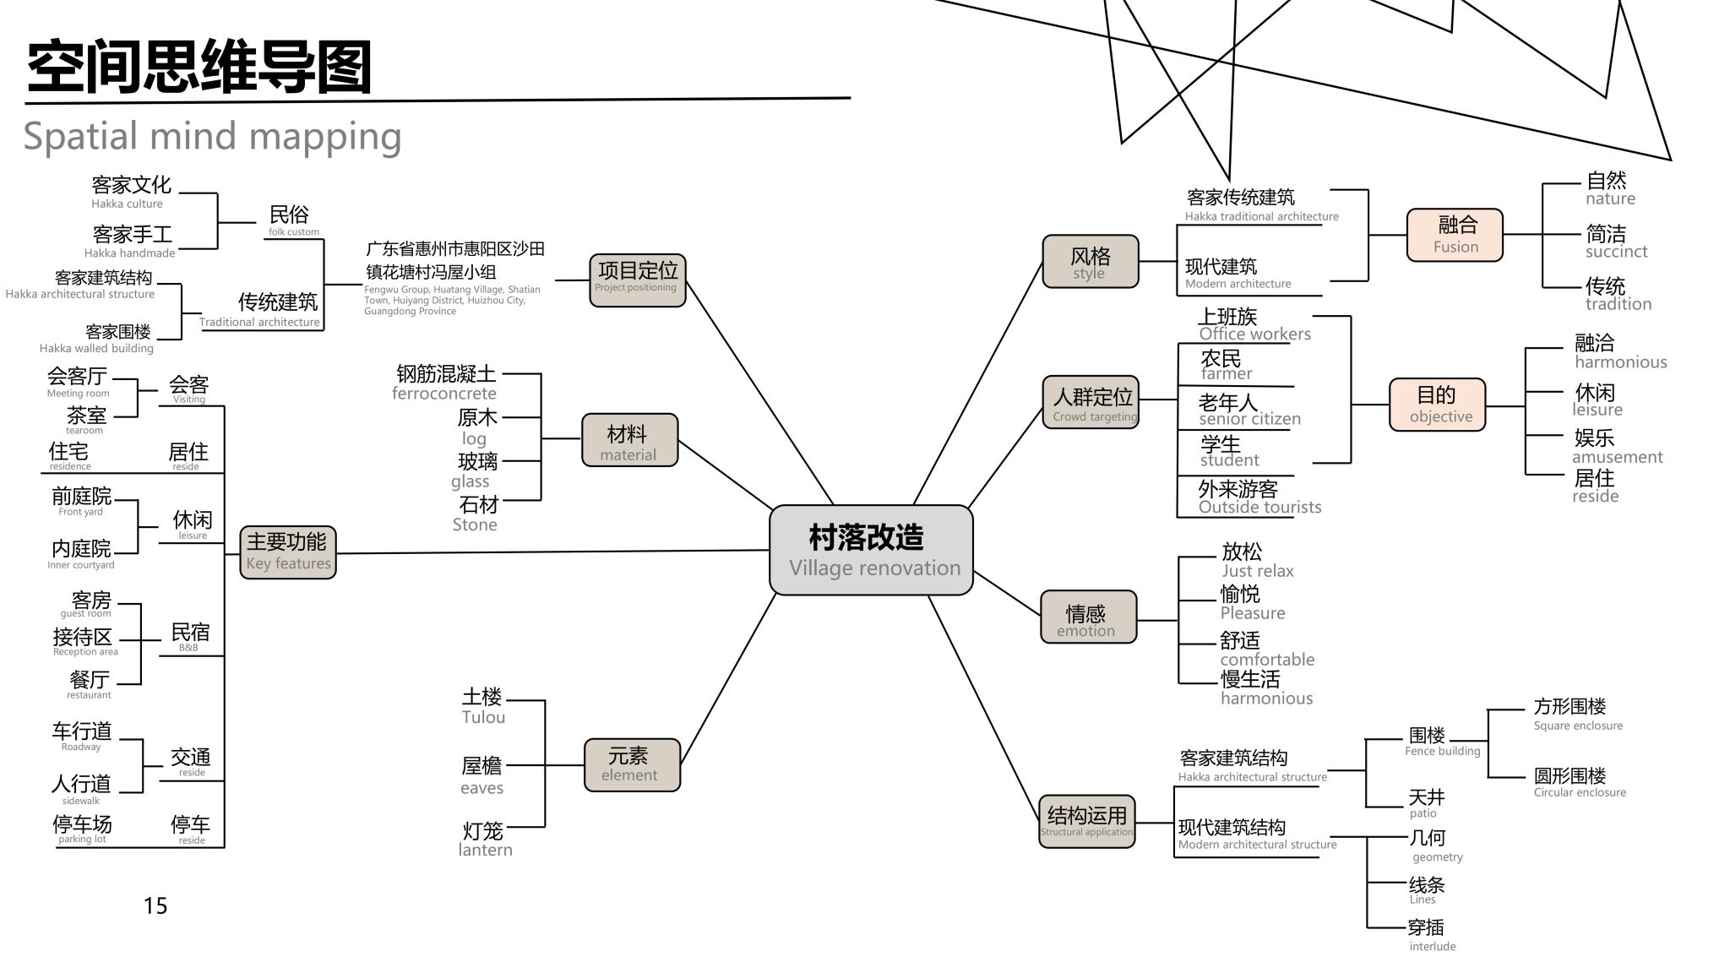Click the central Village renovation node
[x=871, y=550]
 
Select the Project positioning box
[x=637, y=280]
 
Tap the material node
[x=629, y=440]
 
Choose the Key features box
[x=288, y=552]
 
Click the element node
[x=632, y=764]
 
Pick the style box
[x=1090, y=262]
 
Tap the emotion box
[x=1088, y=617]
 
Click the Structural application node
[x=1086, y=821]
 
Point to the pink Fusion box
[x=1455, y=234]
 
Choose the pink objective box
[x=1437, y=405]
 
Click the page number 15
[x=155, y=906]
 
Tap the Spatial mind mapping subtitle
[x=212, y=136]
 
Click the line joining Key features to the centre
[x=549, y=552]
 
